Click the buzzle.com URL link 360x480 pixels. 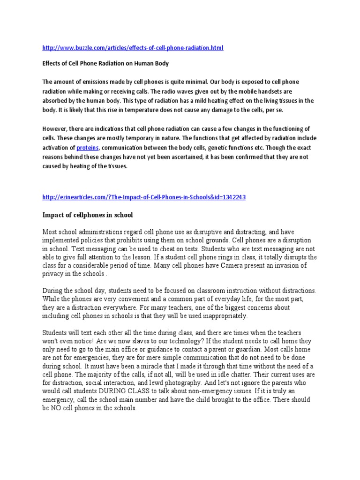[133, 48]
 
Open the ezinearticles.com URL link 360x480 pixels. [144, 197]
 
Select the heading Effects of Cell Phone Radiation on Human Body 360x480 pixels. [105, 63]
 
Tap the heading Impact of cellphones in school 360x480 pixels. [88, 215]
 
